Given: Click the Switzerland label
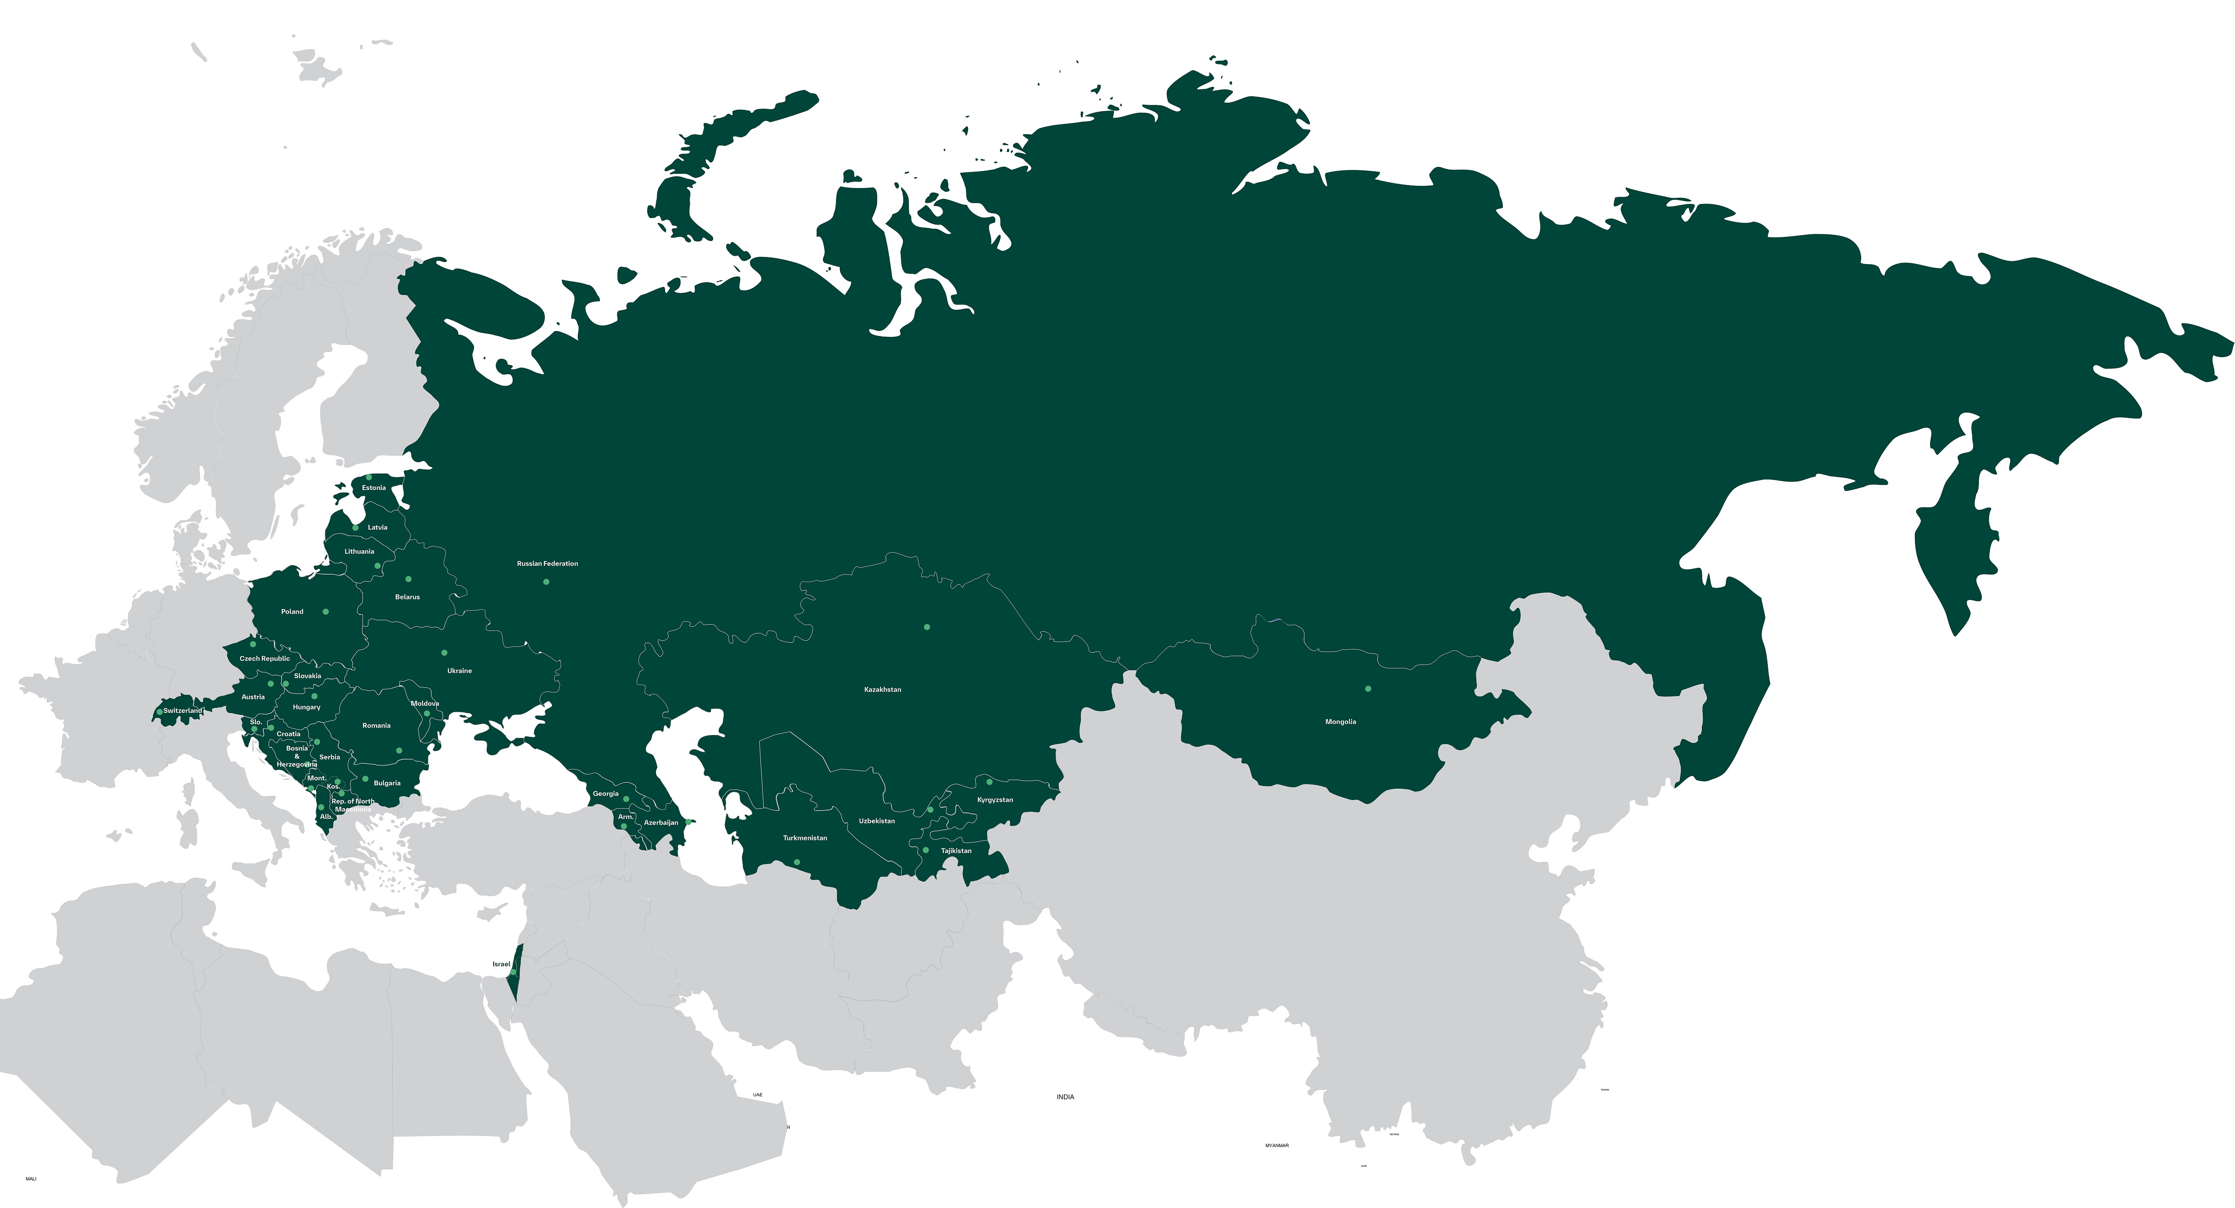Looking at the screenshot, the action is (182, 711).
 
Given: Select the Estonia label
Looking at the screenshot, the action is (374, 488).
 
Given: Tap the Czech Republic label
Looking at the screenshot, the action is (264, 659).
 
